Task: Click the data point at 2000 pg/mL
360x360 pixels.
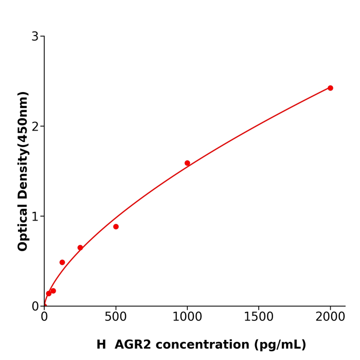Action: click(x=330, y=88)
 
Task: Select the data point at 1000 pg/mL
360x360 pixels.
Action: click(x=187, y=163)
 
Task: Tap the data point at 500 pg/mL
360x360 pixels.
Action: click(x=116, y=227)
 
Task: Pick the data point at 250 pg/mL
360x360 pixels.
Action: click(x=80, y=248)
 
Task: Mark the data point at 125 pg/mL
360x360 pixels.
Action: click(x=62, y=262)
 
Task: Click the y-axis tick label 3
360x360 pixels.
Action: click(x=35, y=37)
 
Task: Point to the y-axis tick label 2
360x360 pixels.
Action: click(x=35, y=127)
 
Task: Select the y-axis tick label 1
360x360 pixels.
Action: click(x=35, y=217)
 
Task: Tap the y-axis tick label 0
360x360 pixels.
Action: click(x=35, y=307)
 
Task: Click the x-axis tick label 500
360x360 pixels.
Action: click(x=116, y=317)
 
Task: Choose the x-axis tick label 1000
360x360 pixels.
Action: click(x=187, y=317)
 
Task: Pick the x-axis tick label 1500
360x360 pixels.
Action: click(x=259, y=317)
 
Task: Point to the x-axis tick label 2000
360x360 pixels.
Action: click(x=330, y=317)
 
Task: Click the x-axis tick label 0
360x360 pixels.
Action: click(x=44, y=317)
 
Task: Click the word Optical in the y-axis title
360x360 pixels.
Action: click(x=23, y=227)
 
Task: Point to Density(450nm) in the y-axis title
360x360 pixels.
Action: click(x=23, y=147)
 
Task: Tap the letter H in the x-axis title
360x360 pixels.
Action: click(x=101, y=345)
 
